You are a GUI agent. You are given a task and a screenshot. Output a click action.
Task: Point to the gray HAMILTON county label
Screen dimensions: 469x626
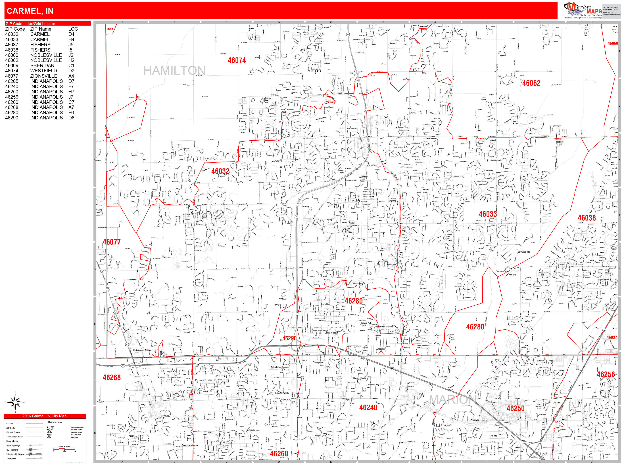(174, 70)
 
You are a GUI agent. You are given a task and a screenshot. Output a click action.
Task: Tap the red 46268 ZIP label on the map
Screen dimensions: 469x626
(112, 377)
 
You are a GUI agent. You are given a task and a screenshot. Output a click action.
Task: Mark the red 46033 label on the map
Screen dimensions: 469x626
(488, 214)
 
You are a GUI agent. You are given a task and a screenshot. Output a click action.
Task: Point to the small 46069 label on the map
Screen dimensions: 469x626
(110, 29)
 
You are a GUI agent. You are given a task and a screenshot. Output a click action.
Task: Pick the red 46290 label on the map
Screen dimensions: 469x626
(289, 338)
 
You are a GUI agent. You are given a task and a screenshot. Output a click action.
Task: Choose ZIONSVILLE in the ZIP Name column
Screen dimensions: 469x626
(44, 76)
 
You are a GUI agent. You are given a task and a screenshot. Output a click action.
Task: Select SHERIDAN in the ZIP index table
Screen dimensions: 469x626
(42, 66)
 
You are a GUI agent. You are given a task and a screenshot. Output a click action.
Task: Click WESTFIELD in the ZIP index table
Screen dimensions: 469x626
(44, 71)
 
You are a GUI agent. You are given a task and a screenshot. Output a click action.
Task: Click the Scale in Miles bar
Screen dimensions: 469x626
(64, 449)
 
